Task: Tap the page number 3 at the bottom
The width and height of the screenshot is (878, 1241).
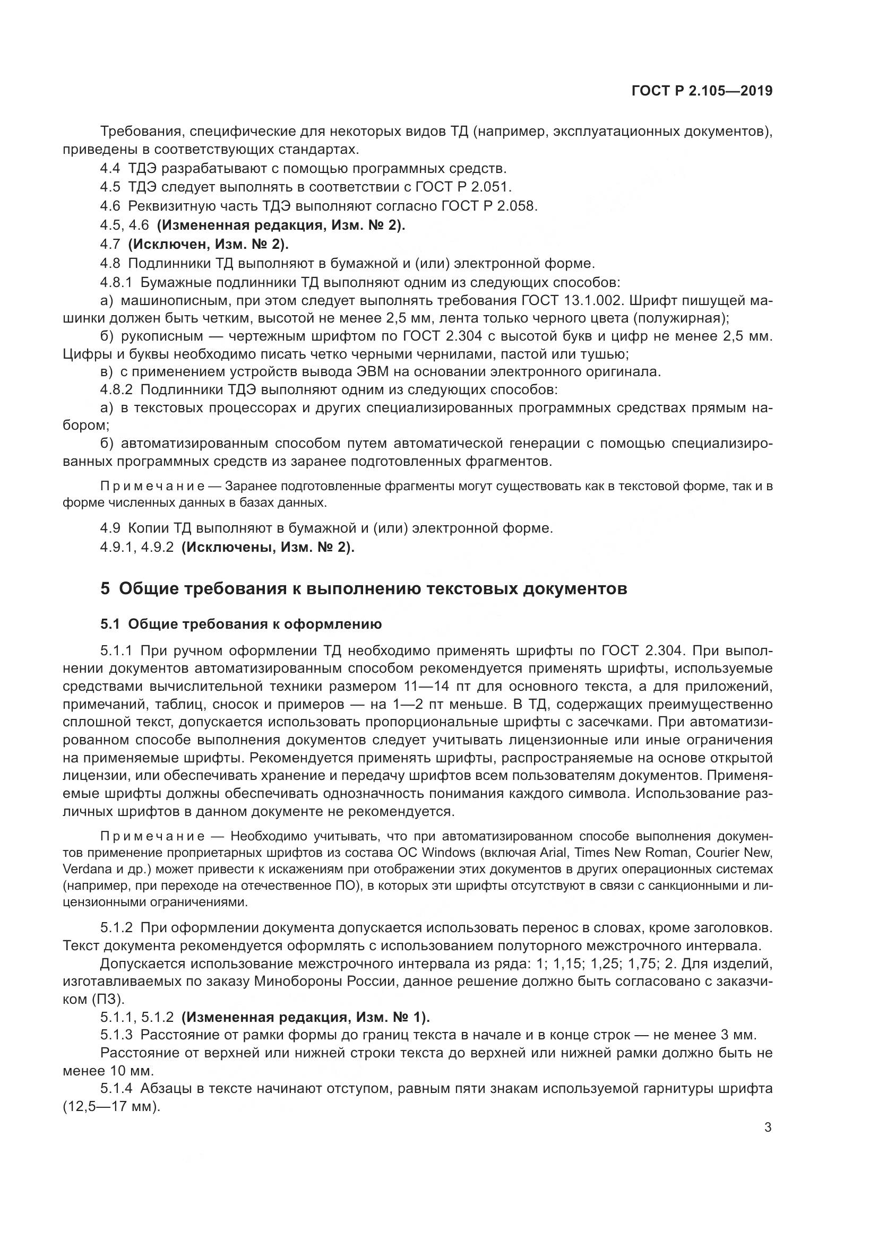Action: coord(768,1127)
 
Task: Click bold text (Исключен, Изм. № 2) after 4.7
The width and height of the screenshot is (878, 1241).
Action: coord(208,244)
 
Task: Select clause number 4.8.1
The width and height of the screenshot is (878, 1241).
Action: coord(116,282)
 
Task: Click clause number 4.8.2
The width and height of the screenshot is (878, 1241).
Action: coord(116,390)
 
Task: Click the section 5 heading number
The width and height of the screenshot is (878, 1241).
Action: coord(105,588)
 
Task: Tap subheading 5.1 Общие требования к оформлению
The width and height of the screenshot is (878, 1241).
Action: coord(240,624)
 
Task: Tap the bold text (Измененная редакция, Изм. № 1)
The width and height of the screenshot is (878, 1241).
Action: coord(305,1017)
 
